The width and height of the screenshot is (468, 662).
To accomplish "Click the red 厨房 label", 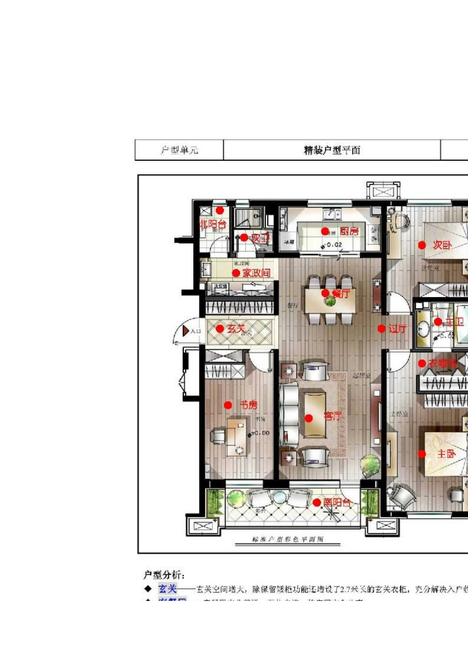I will pyautogui.click(x=349, y=231).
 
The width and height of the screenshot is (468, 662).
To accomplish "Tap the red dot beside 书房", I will pyautogui.click(x=228, y=405).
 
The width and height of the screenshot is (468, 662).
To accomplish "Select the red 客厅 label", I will pyautogui.click(x=333, y=416).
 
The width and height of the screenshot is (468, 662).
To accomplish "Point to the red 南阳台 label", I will pyautogui.click(x=337, y=502).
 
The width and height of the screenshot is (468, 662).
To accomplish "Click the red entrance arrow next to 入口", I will pyautogui.click(x=185, y=331).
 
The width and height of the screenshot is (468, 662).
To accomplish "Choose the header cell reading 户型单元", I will pyautogui.click(x=179, y=150).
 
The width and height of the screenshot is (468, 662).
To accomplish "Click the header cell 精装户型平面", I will pyautogui.click(x=332, y=150).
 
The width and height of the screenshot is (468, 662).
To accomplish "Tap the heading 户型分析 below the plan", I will pyautogui.click(x=164, y=574).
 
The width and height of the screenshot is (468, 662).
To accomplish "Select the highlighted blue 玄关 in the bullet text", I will pyautogui.click(x=167, y=589).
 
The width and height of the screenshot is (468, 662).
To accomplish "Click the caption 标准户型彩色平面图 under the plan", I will pyautogui.click(x=288, y=539).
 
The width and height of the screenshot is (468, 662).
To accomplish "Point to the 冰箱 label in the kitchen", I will pyautogui.click(x=289, y=242).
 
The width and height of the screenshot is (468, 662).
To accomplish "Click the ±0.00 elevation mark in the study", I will pyautogui.click(x=260, y=433).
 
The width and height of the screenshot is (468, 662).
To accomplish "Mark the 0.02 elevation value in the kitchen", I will pyautogui.click(x=334, y=244).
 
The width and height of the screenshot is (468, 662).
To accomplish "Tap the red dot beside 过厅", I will pyautogui.click(x=381, y=329).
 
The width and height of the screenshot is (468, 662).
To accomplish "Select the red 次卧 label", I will pyautogui.click(x=442, y=245).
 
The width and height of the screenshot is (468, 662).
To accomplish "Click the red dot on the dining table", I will pyautogui.click(x=325, y=293).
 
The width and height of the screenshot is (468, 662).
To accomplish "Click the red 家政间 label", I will pyautogui.click(x=256, y=273).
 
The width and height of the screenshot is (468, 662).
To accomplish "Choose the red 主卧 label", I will pyautogui.click(x=446, y=454).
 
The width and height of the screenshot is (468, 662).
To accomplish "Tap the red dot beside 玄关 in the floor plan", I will pyautogui.click(x=220, y=329).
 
